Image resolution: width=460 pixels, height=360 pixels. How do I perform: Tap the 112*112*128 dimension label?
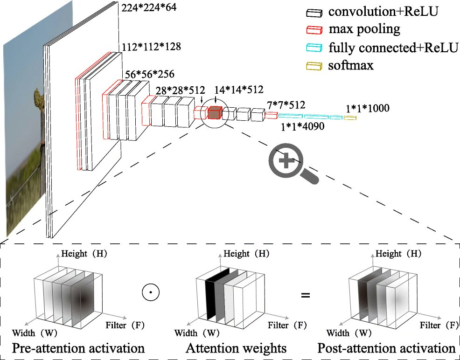[x=151, y=47]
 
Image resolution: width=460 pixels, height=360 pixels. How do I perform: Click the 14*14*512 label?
[x=239, y=90]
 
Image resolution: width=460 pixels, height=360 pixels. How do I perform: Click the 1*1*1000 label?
[x=367, y=109]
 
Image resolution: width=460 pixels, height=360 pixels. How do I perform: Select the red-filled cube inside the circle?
[x=214, y=113]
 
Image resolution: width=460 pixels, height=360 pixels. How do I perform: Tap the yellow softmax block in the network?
[x=350, y=118]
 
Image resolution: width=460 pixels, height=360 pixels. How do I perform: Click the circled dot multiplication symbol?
[x=150, y=293]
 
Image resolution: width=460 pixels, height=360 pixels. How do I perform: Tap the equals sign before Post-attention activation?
[x=306, y=295]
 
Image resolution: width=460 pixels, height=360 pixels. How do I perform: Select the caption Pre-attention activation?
[x=78, y=348]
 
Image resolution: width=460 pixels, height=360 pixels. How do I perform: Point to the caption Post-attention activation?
[x=386, y=348]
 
